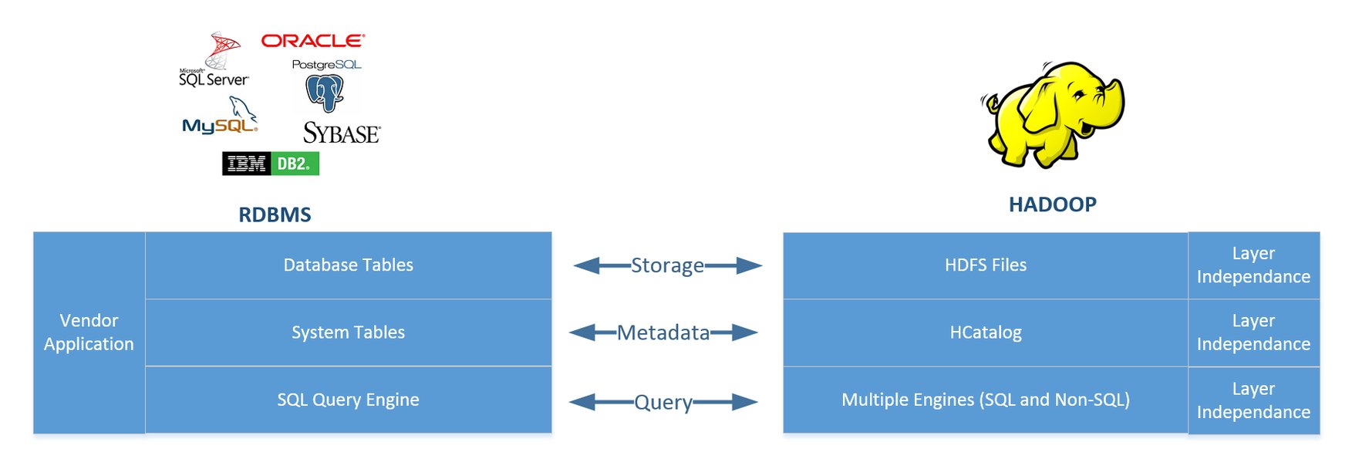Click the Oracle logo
tap(312, 41)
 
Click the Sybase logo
tap(342, 133)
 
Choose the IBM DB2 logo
tap(271, 164)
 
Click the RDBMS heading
tap(275, 214)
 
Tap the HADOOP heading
tap(1052, 204)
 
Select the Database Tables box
tap(349, 265)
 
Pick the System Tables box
tap(349, 333)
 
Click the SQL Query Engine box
tap(349, 400)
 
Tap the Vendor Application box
tap(89, 333)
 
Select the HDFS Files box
tap(986, 265)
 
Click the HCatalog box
tap(986, 333)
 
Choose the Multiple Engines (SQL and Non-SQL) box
tap(986, 400)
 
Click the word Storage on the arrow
tap(667, 265)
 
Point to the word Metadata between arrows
tap(663, 333)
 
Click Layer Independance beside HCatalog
tap(1253, 333)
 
